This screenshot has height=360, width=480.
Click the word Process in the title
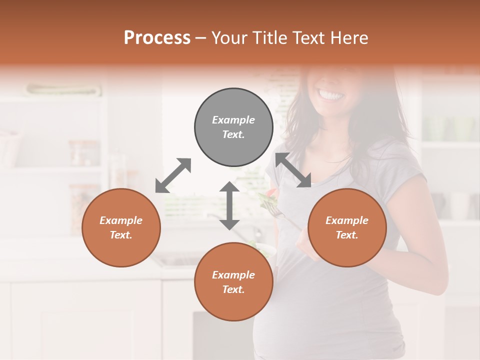point(157,38)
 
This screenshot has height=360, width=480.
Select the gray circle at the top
point(233,127)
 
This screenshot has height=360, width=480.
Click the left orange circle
point(121,227)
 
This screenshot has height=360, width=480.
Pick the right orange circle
point(347,227)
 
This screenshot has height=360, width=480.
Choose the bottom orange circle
point(233,281)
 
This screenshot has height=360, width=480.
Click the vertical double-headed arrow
point(229,205)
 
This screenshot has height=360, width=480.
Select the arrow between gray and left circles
point(173,175)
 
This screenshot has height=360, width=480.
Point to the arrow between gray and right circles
point(293,170)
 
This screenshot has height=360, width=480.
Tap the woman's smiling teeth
point(331,94)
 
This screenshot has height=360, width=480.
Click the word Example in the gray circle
point(233,120)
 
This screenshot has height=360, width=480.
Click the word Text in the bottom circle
point(233,289)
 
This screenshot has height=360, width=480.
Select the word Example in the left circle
point(121,220)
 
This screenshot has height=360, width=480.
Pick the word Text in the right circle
point(347,235)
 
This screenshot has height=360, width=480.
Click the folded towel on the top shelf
point(63,90)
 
